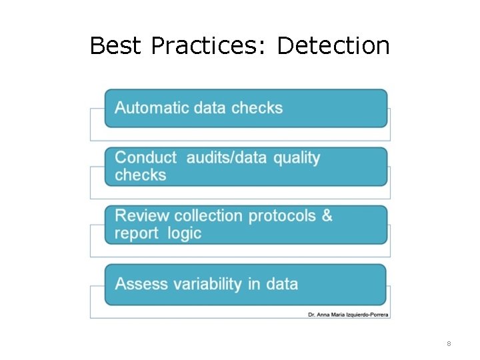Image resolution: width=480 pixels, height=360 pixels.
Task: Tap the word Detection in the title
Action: click(333, 46)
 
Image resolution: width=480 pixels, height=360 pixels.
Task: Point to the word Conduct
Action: click(145, 158)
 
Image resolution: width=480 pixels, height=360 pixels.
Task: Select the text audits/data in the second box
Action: click(227, 158)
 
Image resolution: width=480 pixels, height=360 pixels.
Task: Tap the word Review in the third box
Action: click(142, 216)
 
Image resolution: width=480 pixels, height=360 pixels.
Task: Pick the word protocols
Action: click(283, 217)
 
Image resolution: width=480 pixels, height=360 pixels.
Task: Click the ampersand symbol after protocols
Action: click(327, 216)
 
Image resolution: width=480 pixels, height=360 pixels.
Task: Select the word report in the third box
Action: click(136, 234)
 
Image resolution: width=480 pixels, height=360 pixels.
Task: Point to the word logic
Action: click(184, 234)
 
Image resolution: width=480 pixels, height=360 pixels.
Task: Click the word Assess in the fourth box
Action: click(141, 284)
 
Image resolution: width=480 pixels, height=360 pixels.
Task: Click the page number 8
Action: click(449, 344)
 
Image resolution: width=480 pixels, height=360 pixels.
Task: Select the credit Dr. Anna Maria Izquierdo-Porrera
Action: click(349, 314)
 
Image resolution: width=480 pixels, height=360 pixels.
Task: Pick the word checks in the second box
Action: click(140, 175)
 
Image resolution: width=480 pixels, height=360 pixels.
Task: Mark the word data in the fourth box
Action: click(281, 284)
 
